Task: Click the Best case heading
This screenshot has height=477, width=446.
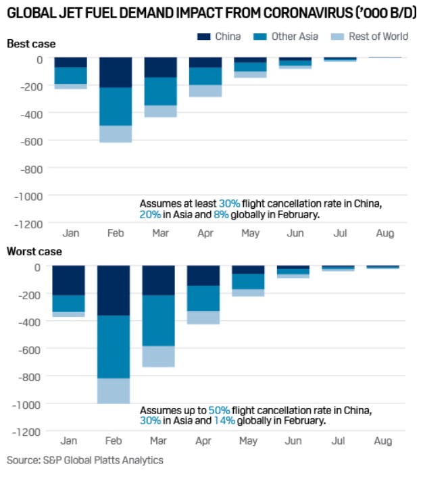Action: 31,44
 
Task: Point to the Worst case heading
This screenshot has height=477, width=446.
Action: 34,252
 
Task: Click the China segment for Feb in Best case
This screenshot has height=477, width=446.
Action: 116,73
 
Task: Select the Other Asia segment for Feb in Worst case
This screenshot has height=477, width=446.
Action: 114,347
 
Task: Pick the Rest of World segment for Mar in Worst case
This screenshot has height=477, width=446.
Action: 158,356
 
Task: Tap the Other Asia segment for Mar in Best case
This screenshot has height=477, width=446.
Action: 160,91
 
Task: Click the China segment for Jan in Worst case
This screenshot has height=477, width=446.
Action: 69,280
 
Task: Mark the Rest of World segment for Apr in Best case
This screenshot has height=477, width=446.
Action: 205,91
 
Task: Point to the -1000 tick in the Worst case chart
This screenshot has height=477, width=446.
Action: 28,403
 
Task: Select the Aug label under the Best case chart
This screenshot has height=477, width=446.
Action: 385,234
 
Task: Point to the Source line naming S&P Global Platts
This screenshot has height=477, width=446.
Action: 84,460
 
